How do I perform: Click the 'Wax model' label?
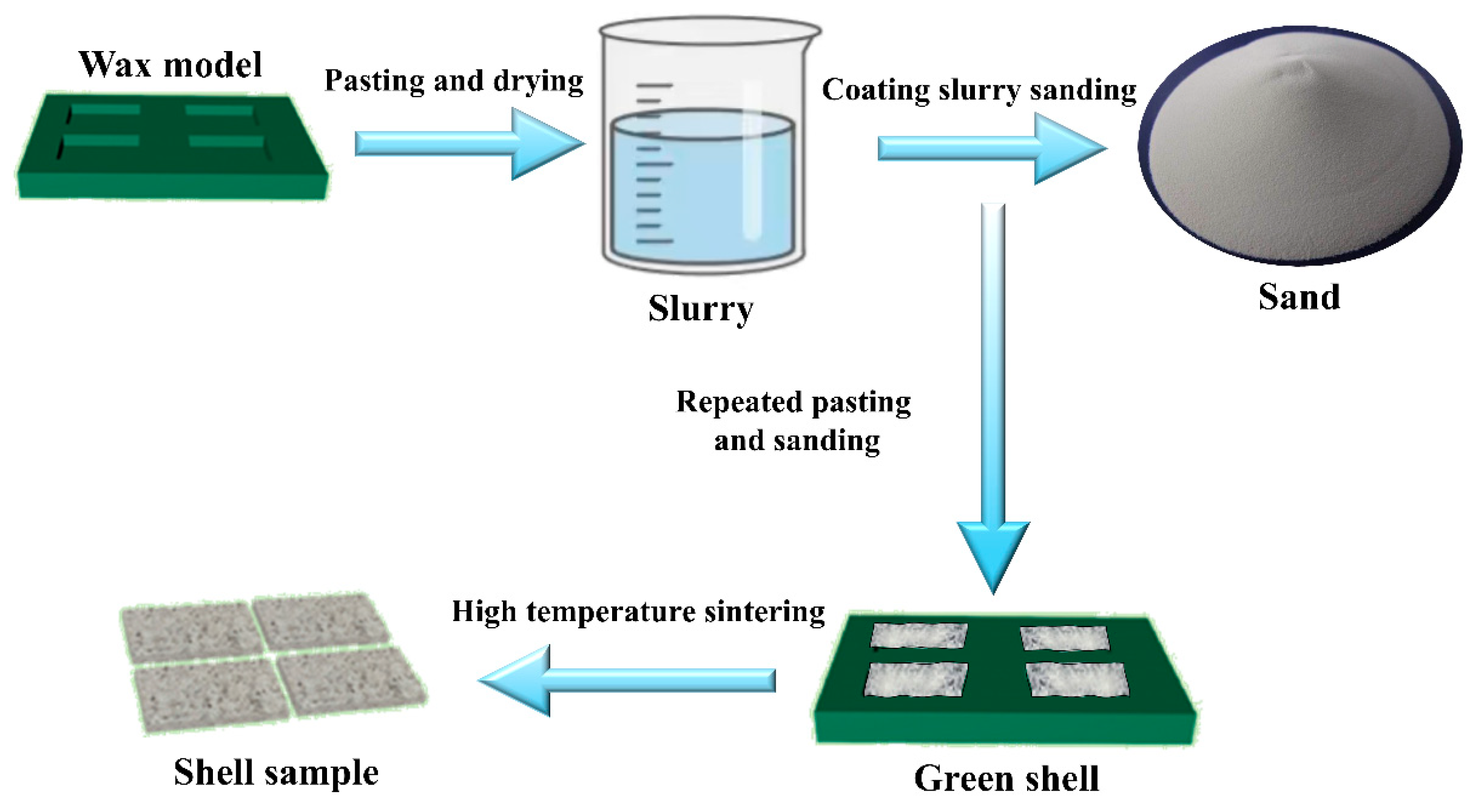tap(171, 64)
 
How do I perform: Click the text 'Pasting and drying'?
tap(454, 80)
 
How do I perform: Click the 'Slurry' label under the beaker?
tap(701, 309)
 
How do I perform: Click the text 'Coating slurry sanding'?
tap(979, 90)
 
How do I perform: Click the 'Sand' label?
tap(1299, 298)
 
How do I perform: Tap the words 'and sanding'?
tap(797, 441)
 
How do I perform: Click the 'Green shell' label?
tap(1006, 779)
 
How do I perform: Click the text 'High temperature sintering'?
tap(638, 612)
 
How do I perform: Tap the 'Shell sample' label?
tap(276, 773)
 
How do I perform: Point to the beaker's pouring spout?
tap(812, 34)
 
